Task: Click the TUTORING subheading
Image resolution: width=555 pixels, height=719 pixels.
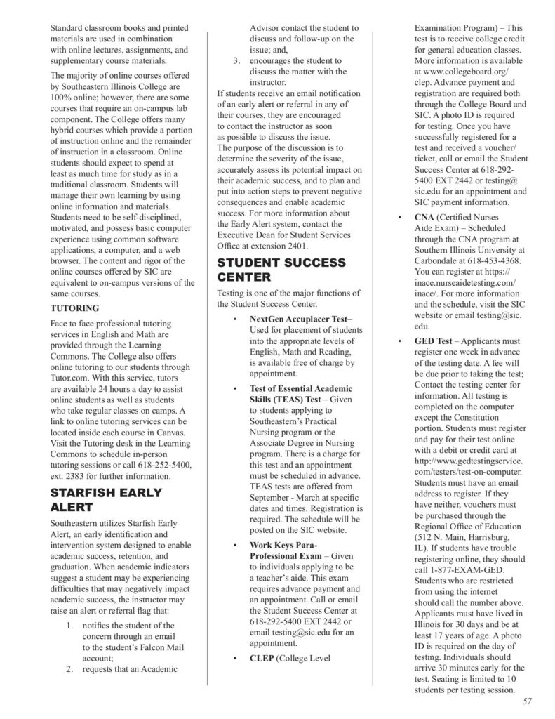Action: (x=74, y=308)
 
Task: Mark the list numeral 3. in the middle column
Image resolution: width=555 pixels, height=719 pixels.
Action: (x=237, y=60)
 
